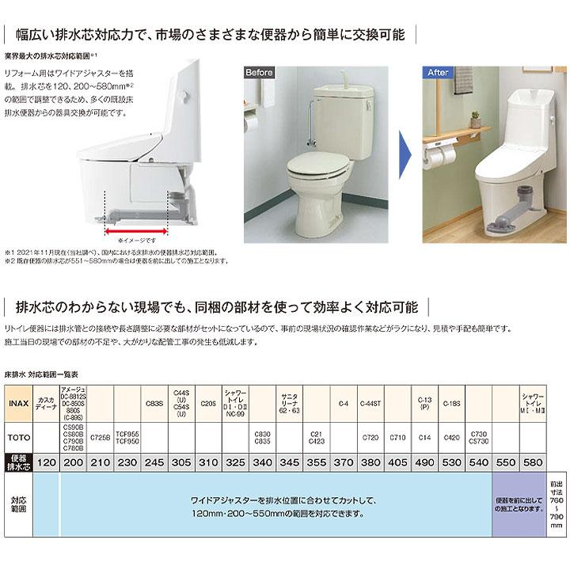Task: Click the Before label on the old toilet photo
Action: pos(259,73)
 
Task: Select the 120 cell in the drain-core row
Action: pos(48,460)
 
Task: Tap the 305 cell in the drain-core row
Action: pos(181,460)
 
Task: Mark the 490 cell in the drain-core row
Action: pos(424,460)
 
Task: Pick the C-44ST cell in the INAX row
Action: pos(370,404)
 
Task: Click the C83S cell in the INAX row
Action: pos(154,404)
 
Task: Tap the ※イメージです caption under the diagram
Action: pos(135,240)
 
